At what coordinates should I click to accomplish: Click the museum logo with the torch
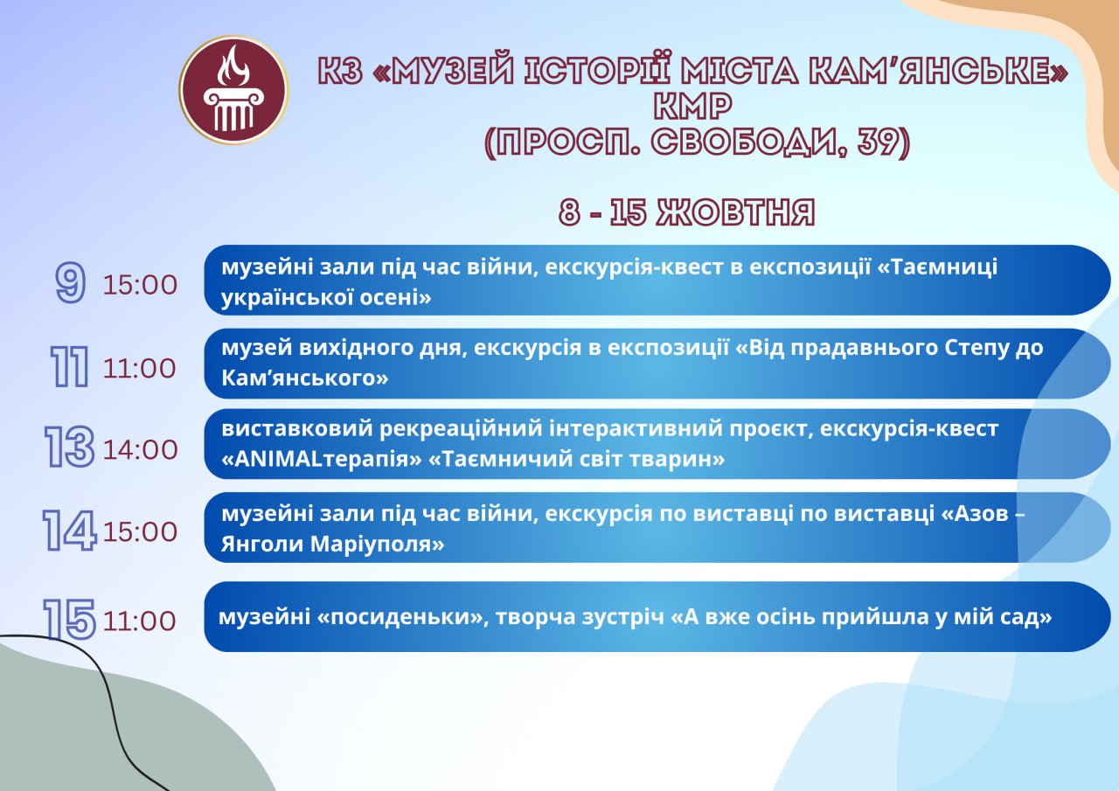[233, 90]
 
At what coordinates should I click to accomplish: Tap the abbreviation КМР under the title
[693, 106]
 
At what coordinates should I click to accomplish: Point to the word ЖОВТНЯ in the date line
[735, 212]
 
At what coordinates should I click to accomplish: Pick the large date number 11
[69, 368]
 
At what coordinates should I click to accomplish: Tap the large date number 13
[69, 447]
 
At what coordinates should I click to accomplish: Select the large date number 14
[69, 530]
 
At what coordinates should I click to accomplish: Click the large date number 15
[69, 619]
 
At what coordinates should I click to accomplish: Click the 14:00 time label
[141, 450]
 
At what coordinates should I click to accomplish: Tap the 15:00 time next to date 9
[141, 285]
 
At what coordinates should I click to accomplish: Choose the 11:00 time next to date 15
[140, 621]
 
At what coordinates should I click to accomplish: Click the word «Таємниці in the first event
[938, 267]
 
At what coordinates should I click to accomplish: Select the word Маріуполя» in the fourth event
[377, 544]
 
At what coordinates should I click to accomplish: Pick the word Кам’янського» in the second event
[305, 378]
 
